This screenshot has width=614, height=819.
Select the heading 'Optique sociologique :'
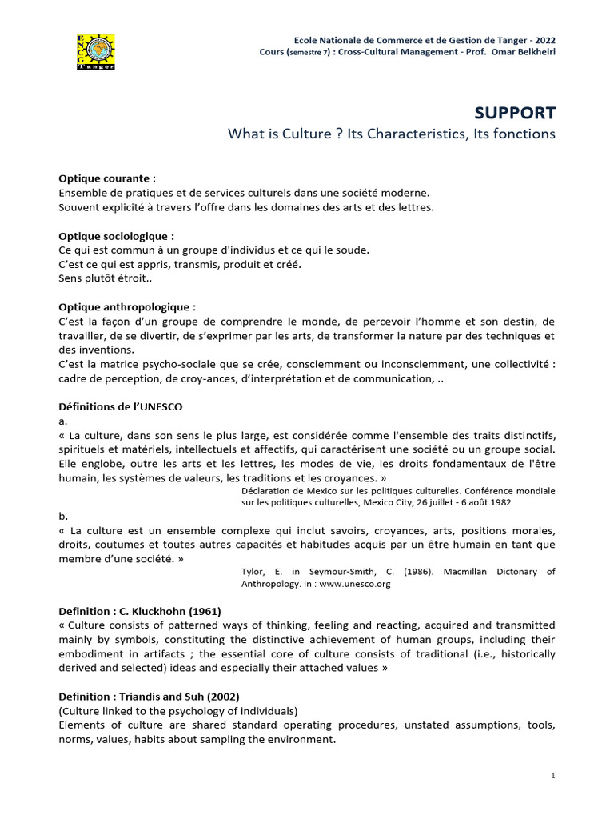[x=116, y=236]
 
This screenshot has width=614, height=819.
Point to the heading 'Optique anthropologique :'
[x=127, y=306]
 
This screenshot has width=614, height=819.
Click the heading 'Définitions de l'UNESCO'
[x=121, y=406]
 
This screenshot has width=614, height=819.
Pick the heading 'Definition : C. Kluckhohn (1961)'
[x=140, y=611]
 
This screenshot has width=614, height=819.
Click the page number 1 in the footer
[x=552, y=775]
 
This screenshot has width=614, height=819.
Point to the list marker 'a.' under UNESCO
[x=63, y=420]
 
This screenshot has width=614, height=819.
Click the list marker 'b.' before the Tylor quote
[x=64, y=517]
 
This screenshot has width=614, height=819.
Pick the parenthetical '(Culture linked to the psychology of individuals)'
[x=178, y=710]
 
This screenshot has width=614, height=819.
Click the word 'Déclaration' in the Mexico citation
[x=267, y=489]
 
